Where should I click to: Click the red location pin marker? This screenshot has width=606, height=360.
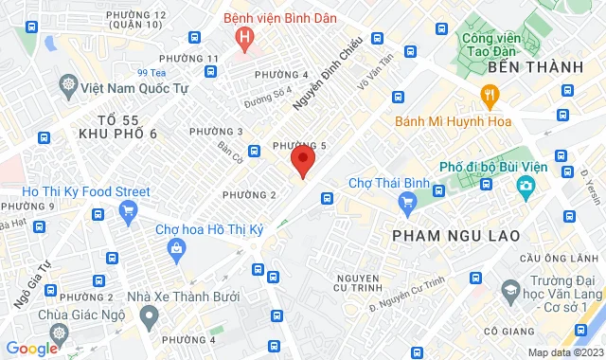[302, 160]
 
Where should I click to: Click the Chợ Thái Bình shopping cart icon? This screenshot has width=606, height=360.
[408, 201]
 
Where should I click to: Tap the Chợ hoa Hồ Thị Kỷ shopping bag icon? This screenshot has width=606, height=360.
[177, 248]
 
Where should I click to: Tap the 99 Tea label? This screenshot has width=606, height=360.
[151, 72]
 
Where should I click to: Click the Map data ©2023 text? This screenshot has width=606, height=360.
[563, 352]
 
